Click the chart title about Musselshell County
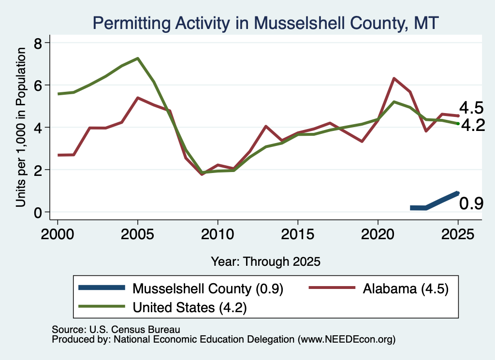tap(265, 23)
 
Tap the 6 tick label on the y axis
tap(38, 85)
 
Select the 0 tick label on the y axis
tap(38, 212)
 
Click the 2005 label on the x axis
tap(137, 234)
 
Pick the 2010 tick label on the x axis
tap(218, 234)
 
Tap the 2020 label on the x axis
tap(378, 234)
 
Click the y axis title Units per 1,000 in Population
tap(21, 127)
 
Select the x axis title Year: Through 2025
tap(265, 261)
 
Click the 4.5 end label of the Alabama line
tap(471, 108)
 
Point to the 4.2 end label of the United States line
tap(473, 125)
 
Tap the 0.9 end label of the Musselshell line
tap(471, 203)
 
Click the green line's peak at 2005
tap(138, 58)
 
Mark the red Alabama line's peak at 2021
tap(393, 78)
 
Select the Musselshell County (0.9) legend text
tap(208, 288)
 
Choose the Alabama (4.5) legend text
tap(406, 288)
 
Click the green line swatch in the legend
tap(102, 306)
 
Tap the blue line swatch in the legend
tap(102, 288)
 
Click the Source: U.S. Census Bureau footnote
tap(116, 330)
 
